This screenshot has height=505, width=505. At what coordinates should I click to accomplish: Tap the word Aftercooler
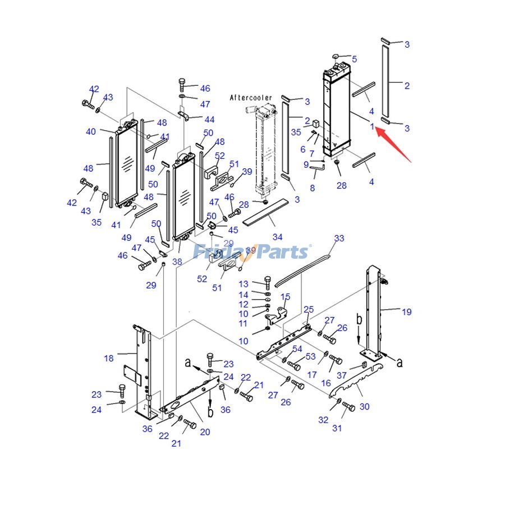pos(251,98)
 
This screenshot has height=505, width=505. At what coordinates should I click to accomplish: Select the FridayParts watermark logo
pos(251,252)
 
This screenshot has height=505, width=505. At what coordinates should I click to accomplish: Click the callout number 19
pos(406,312)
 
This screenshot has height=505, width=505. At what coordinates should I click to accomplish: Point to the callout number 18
pos(109,358)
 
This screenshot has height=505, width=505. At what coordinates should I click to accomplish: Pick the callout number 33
pos(339,238)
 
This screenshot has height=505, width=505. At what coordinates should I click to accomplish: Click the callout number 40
pos(91,132)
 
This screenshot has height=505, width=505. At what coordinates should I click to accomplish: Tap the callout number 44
pos(209,120)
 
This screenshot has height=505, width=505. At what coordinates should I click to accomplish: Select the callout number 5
pos(354,59)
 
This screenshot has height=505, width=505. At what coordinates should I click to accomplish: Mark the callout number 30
pos(365,406)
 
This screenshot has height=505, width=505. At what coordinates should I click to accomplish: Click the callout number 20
pos(205,431)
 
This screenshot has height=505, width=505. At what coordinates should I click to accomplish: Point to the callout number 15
pos(286,297)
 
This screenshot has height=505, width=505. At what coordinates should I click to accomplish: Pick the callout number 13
pos(243,284)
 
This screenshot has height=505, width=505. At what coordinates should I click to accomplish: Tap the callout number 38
pos(177,261)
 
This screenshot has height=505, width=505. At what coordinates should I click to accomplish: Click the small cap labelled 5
pos(334,57)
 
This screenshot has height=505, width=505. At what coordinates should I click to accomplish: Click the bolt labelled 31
pos(347,407)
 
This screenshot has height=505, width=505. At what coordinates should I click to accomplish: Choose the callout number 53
pos(310,357)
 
